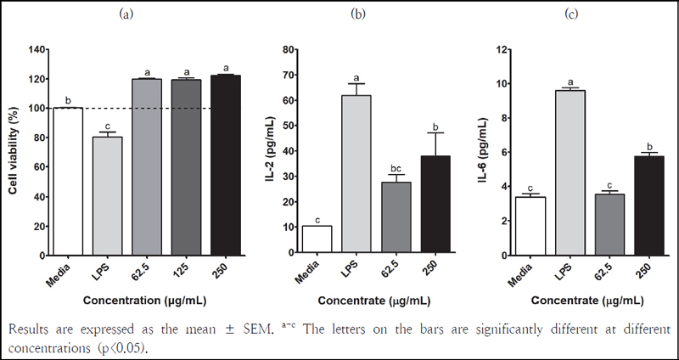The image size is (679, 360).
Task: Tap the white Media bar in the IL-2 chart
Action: tap(317, 240)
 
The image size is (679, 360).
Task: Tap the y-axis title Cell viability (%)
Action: tap(14, 152)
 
